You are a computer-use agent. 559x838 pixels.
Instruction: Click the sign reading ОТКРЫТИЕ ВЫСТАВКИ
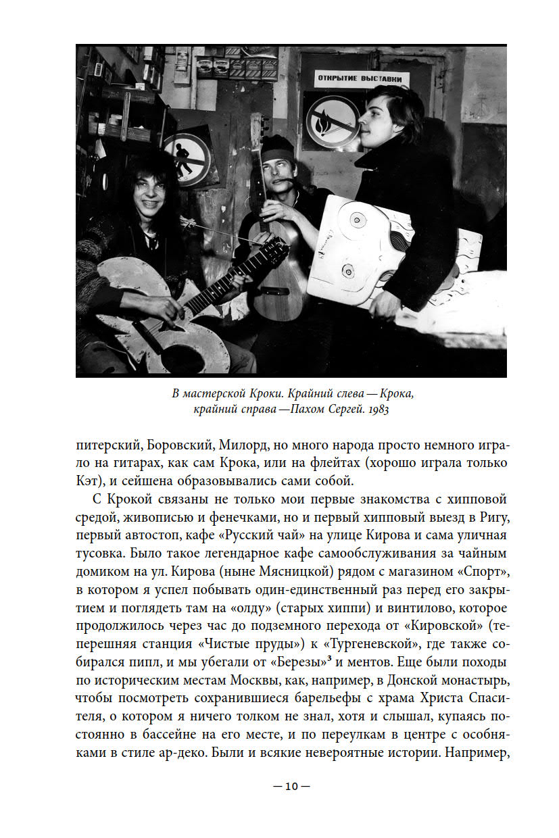(362, 80)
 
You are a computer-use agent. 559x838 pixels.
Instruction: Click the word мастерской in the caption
(222, 393)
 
